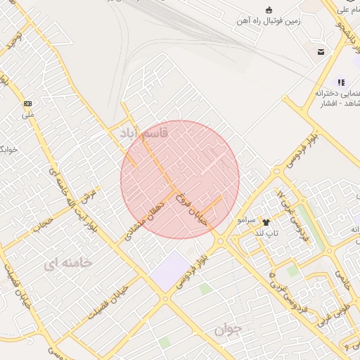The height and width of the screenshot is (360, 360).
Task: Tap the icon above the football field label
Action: pyautogui.click(x=269, y=9)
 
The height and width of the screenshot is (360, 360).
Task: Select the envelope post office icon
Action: pyautogui.click(x=321, y=52)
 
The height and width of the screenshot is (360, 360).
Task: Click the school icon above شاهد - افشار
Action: pyautogui.click(x=342, y=82)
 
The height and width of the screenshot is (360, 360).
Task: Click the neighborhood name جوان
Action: pyautogui.click(x=229, y=329)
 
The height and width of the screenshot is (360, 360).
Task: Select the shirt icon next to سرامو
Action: pyautogui.click(x=265, y=220)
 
